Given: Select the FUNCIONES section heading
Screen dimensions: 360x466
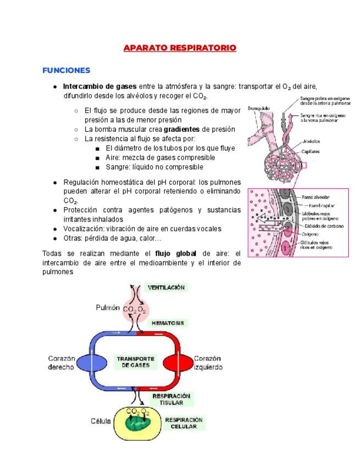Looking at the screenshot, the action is [66, 71].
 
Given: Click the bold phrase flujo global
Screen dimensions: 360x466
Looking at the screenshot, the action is [176, 254].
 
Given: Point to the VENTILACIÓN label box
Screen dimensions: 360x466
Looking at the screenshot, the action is [166, 287].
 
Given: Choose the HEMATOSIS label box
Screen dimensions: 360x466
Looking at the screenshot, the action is [168, 323].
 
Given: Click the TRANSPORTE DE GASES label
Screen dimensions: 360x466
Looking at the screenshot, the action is [135, 361].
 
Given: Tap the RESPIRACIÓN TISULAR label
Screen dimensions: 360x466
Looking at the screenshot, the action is [171, 399].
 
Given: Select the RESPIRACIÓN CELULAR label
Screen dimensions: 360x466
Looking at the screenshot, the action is [184, 422].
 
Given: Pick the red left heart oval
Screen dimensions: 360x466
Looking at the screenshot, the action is [178, 363].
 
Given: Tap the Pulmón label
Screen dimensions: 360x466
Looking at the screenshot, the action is [107, 308].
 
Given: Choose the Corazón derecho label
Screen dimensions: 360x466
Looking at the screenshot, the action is [60, 363].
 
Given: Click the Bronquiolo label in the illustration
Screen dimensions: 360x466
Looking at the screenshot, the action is [258, 108].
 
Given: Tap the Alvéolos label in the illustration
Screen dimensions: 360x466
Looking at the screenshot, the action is [311, 140].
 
